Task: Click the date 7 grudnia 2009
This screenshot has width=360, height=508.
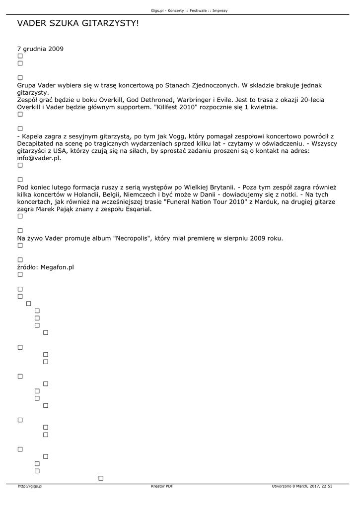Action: pos(40,49)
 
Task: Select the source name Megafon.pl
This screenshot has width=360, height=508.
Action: pos(57,267)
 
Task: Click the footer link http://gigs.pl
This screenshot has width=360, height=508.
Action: pos(30,487)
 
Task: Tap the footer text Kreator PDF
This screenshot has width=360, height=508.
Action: pos(162,487)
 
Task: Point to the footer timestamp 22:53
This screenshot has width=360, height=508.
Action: pos(327,487)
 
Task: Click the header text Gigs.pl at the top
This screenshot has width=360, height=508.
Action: pos(158,10)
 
